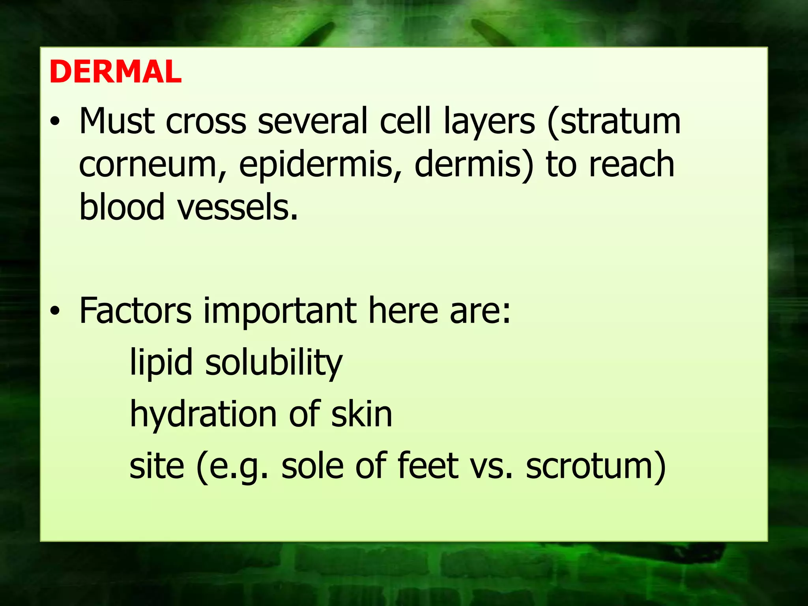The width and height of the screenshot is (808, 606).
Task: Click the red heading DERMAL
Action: pyautogui.click(x=115, y=72)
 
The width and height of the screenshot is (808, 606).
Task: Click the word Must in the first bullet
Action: pyautogui.click(x=117, y=121)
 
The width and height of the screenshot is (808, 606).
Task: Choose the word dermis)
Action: pyautogui.click(x=474, y=165)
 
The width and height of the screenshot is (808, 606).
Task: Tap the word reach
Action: pyautogui.click(x=631, y=164)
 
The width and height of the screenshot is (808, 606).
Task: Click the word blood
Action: pyautogui.click(x=122, y=207)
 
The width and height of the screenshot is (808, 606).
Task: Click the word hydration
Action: pyautogui.click(x=203, y=414)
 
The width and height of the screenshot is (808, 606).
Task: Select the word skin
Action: pyautogui.click(x=361, y=414)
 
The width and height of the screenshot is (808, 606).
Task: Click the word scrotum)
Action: pyautogui.click(x=596, y=466)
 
